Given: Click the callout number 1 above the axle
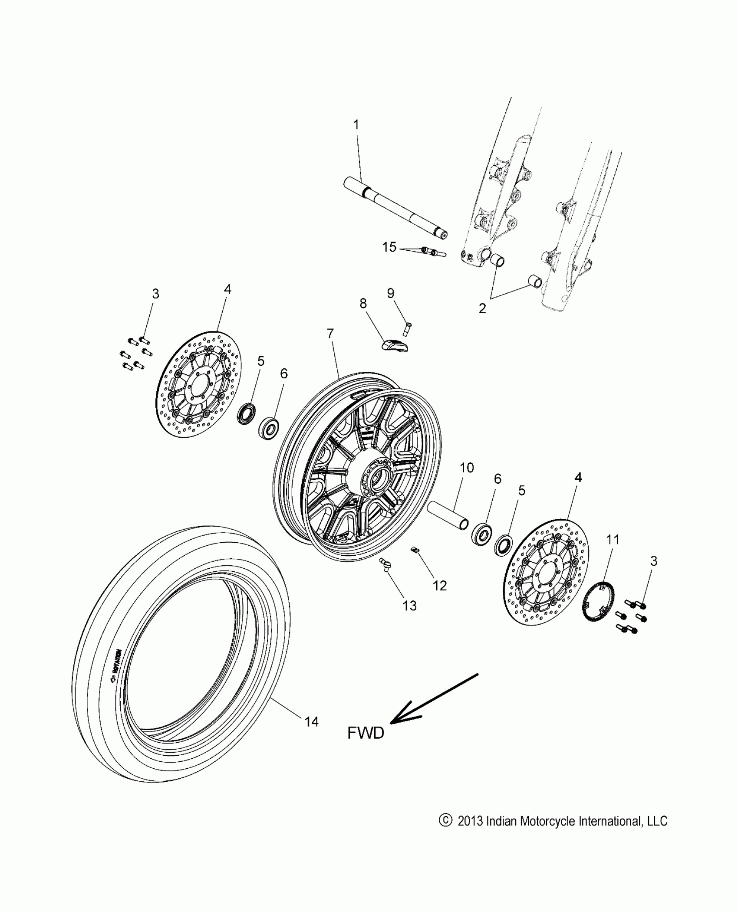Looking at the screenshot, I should [356, 125].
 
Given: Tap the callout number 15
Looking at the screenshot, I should [389, 247].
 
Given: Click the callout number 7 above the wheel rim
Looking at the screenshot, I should [330, 334].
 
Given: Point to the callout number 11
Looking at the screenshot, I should [613, 540].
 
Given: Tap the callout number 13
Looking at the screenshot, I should [409, 606].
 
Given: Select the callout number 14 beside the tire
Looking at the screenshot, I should [311, 721].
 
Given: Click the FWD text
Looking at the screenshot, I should [366, 733].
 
